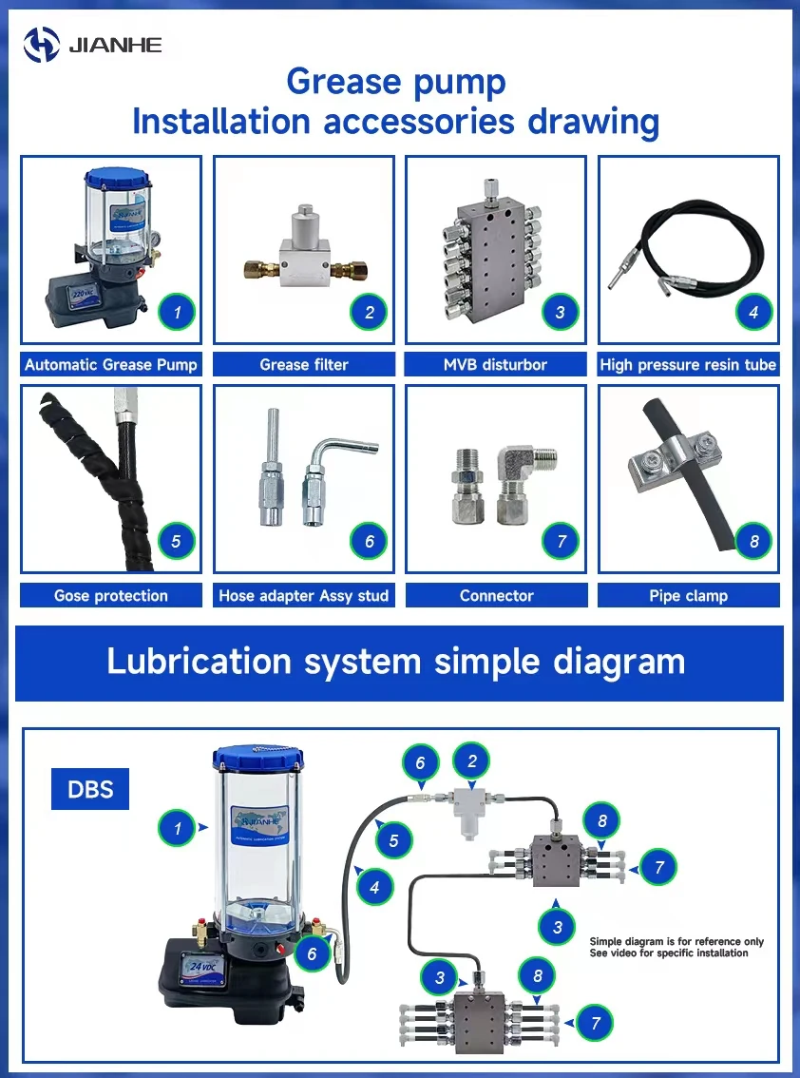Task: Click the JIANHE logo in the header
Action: point(92,44)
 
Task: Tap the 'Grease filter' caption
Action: point(304,364)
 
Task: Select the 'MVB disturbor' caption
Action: point(496,364)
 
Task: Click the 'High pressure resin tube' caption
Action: point(688,364)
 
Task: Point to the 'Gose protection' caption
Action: point(111,596)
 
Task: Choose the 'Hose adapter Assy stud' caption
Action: point(304,596)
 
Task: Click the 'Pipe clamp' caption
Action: point(688,596)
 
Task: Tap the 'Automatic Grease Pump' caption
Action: point(111,364)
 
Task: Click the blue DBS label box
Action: point(89,789)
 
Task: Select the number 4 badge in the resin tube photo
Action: point(753,311)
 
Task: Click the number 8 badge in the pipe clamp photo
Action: point(753,542)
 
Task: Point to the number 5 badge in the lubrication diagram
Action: point(393,839)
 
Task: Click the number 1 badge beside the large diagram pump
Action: point(177,828)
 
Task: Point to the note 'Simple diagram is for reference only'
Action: point(676,942)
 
